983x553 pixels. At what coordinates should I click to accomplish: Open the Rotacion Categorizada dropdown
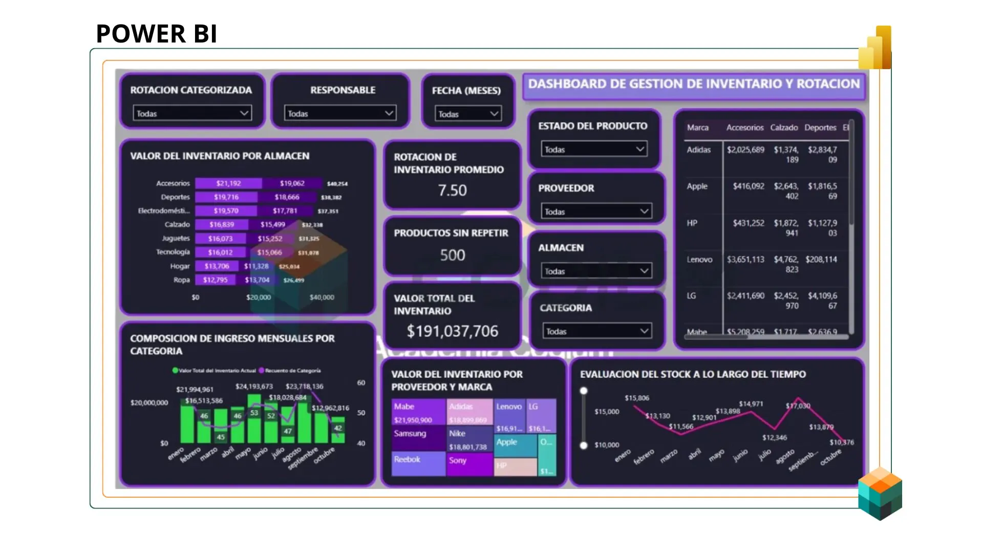tap(192, 113)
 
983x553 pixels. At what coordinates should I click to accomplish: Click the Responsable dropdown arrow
tap(389, 113)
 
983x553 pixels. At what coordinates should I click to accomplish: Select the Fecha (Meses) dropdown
tap(468, 114)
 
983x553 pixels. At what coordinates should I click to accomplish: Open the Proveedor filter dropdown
tap(596, 211)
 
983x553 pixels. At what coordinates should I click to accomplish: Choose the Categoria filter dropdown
tap(597, 331)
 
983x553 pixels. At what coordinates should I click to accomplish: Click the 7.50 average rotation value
tap(452, 190)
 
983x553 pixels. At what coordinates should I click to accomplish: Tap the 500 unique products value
tap(453, 255)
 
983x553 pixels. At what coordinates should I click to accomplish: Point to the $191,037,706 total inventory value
tap(452, 331)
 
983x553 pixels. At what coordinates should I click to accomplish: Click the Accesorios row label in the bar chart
tap(173, 183)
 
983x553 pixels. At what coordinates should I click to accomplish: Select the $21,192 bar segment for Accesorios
tap(228, 183)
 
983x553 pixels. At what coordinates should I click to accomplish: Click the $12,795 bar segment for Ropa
tap(215, 280)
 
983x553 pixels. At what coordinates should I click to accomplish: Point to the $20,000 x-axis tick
tap(259, 297)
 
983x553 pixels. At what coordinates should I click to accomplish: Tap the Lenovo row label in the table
tap(699, 260)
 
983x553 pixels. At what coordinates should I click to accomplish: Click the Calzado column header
tap(784, 127)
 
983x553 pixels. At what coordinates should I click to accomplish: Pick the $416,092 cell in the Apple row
tap(748, 186)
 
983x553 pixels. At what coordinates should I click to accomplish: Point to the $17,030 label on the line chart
tap(798, 406)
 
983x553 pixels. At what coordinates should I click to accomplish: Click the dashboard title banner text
tap(694, 84)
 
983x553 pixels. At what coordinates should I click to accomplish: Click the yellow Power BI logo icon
tap(875, 49)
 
